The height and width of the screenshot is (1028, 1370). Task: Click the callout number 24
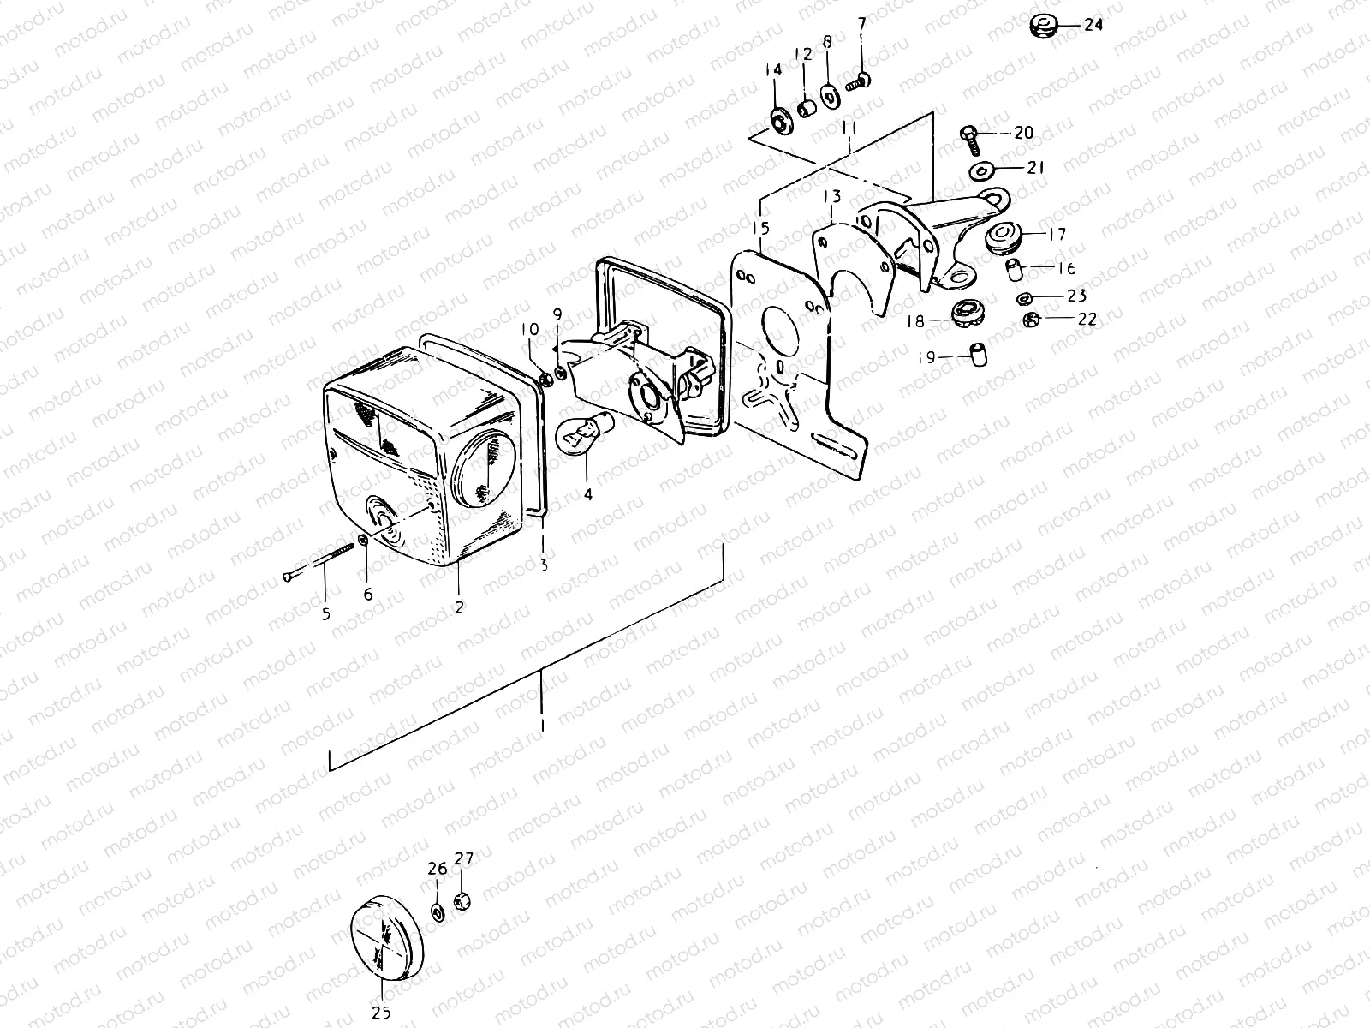[x=1093, y=25]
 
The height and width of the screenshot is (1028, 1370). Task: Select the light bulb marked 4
[x=575, y=434]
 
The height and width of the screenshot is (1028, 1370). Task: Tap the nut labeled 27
[x=462, y=900]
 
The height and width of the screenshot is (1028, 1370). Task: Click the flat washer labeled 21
[x=980, y=170]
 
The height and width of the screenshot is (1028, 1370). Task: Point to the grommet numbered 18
[x=965, y=312]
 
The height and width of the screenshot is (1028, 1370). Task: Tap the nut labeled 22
[x=1032, y=320]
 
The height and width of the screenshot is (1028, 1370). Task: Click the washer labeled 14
[x=780, y=123]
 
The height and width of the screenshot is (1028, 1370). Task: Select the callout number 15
[x=761, y=228]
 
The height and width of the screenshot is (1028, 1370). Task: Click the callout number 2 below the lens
[x=460, y=607]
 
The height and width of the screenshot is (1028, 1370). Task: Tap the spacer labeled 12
[x=805, y=110]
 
